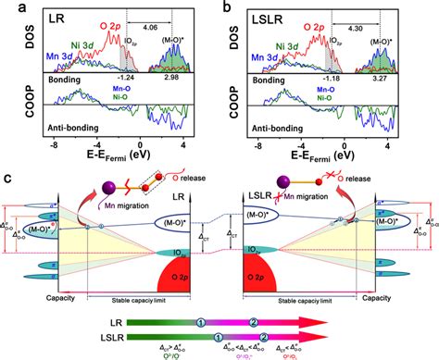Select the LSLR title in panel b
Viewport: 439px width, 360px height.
[x=265, y=18]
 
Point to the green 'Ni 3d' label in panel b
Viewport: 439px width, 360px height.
[x=270, y=49]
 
